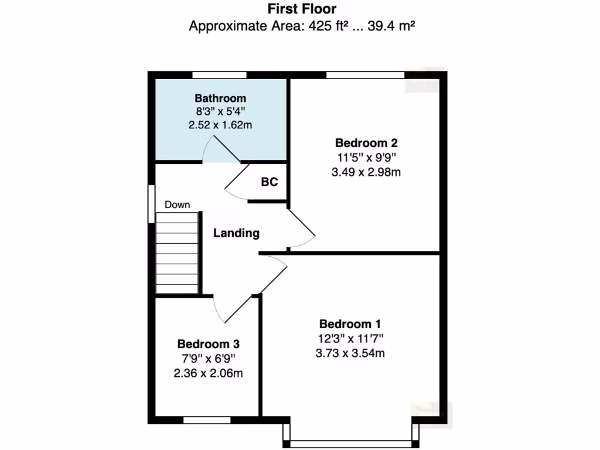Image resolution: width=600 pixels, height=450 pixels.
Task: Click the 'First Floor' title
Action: (x=302, y=9)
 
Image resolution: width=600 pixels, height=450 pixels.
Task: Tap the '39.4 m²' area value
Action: (x=391, y=26)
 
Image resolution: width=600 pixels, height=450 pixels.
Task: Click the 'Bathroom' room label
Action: (x=220, y=98)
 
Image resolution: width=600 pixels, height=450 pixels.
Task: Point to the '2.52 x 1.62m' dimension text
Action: (x=220, y=125)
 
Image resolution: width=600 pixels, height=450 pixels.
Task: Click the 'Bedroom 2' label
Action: (x=367, y=142)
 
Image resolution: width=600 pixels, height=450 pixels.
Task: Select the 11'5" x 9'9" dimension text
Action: (x=367, y=157)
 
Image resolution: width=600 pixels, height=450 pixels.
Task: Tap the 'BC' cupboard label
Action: (x=269, y=182)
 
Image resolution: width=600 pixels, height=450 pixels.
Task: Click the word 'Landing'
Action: (x=236, y=233)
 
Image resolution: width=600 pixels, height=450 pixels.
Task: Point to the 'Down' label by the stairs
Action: (x=177, y=204)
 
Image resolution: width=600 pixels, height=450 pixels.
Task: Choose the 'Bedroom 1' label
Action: (x=350, y=323)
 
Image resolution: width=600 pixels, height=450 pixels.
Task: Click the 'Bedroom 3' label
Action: (x=209, y=344)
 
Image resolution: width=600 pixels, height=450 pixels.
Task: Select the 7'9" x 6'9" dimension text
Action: (x=209, y=359)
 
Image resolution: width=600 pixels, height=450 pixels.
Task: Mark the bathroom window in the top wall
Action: (x=220, y=74)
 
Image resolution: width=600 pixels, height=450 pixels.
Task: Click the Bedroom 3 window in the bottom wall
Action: (x=207, y=420)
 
